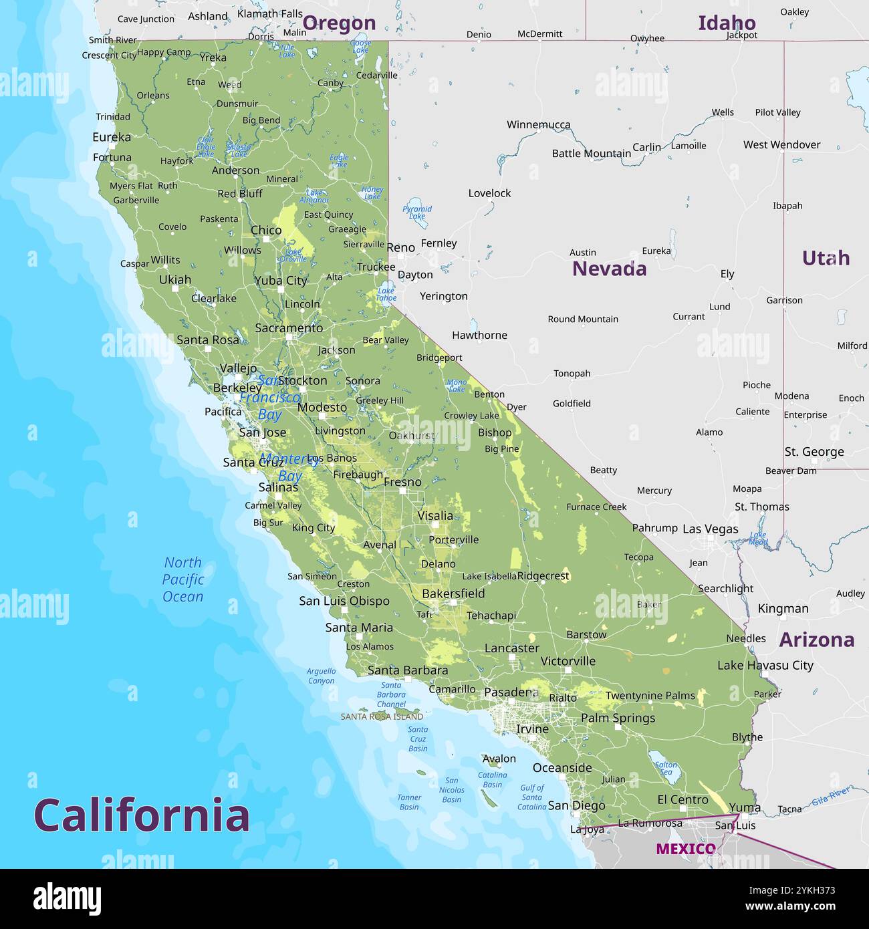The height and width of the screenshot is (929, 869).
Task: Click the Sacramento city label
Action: point(289,328)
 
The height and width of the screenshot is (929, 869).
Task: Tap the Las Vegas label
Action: point(710,529)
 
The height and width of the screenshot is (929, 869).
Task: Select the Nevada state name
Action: point(609,269)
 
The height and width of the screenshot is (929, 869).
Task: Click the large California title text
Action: point(142,815)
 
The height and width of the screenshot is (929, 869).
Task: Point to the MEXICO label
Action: point(685,849)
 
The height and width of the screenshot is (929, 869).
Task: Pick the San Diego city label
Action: point(576,806)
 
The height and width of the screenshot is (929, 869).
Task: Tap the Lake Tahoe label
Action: point(386,295)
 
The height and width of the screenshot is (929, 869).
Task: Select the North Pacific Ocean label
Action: point(183,579)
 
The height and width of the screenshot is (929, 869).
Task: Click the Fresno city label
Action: point(402,482)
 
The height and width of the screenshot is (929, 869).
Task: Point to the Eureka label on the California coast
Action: point(112,137)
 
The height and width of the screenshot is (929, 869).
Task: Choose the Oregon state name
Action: point(339,23)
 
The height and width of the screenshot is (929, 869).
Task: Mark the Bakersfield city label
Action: point(453,593)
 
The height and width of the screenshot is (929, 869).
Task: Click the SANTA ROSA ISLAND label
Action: point(382,716)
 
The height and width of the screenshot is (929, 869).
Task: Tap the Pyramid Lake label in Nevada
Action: point(417,213)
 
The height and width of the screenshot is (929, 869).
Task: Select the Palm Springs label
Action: point(618,718)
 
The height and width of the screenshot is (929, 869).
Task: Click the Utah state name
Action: point(826,258)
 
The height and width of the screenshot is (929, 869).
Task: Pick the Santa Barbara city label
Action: point(408,670)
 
